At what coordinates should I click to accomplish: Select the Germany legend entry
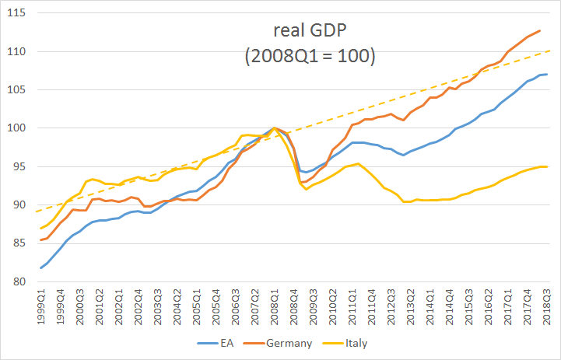point(289,343)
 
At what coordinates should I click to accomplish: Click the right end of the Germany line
point(540,31)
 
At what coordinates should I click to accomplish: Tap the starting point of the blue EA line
point(40,268)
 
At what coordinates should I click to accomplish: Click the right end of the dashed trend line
point(549,51)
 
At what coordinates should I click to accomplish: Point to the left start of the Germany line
point(40,239)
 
